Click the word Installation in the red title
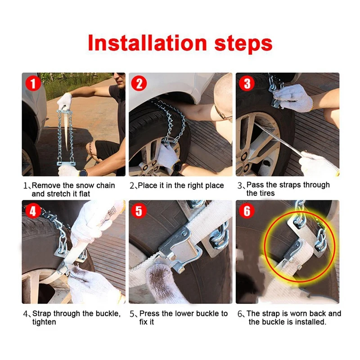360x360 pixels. pyautogui.click(x=148, y=43)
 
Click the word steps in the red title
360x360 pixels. pyautogui.click(x=243, y=44)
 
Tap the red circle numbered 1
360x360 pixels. pyautogui.click(x=33, y=84)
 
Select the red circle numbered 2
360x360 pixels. pyautogui.click(x=139, y=84)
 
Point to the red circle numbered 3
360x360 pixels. pyautogui.click(x=247, y=84)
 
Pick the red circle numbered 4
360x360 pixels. pyautogui.click(x=33, y=211)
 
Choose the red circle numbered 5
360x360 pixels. pyautogui.click(x=139, y=211)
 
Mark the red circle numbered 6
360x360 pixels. pyautogui.click(x=247, y=211)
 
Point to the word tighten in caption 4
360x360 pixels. pyautogui.click(x=44, y=322)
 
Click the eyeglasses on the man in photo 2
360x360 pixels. pyautogui.click(x=222, y=114)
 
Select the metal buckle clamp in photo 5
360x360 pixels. pyautogui.click(x=180, y=246)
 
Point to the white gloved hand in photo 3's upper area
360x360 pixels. pyautogui.click(x=294, y=98)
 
